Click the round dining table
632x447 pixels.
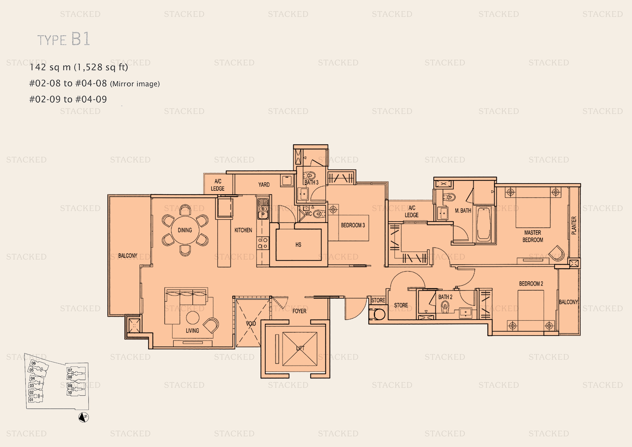[185, 230]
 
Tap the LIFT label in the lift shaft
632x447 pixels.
[300, 348]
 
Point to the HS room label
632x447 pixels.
[298, 245]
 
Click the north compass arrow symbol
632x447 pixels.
[83, 417]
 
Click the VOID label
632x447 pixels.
[251, 323]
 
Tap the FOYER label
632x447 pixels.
[299, 311]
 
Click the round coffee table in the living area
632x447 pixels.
[193, 318]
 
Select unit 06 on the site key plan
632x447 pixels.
[34, 363]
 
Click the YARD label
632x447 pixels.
[264, 185]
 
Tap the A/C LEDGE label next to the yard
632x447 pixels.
[217, 185]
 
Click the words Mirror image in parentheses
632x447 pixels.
[135, 84]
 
